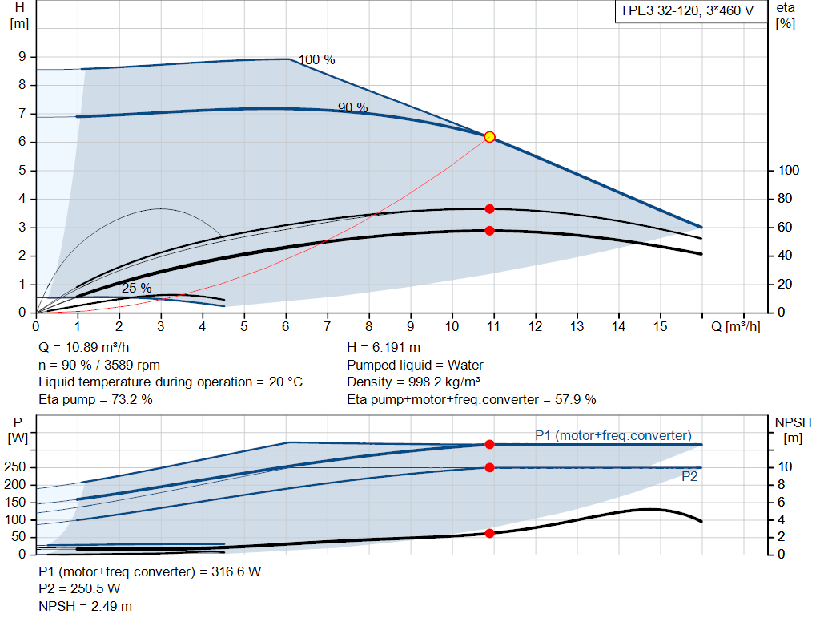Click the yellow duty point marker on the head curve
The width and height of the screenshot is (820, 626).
coord(489,137)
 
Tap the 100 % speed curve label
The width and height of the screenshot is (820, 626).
coord(316,60)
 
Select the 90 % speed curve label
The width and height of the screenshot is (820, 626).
coord(352,107)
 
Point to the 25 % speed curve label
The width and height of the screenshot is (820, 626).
coord(136,288)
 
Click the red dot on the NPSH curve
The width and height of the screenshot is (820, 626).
coord(489,533)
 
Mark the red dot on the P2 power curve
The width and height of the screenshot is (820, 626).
coord(489,467)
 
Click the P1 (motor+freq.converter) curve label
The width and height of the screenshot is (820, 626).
coord(613,435)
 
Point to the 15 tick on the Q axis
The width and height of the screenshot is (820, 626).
coord(661,326)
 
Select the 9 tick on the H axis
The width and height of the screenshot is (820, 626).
coord(23,57)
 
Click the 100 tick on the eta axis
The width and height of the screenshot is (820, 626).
coord(789,171)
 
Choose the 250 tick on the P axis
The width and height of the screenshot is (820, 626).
coord(17,467)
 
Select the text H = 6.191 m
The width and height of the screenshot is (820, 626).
coord(384,348)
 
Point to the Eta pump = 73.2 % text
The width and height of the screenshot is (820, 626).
coord(95,399)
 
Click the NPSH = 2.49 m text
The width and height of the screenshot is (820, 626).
coord(86,606)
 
